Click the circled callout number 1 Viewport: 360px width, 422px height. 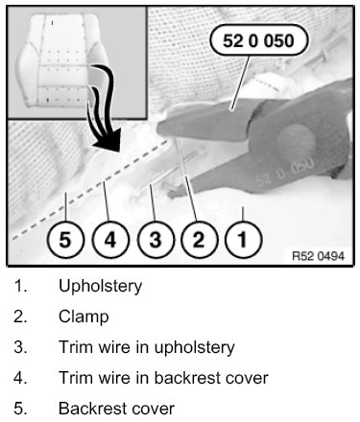point(244,240)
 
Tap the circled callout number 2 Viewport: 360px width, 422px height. point(199,240)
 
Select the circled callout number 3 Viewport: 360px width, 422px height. point(156,240)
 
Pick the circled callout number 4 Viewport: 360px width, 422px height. point(110,240)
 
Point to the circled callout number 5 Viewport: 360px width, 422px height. point(65,240)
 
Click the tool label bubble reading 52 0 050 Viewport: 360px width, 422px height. point(259,40)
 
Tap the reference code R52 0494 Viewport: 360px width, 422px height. point(318,256)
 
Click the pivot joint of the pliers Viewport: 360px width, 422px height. point(297,140)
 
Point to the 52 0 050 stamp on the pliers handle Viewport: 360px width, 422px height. point(284,172)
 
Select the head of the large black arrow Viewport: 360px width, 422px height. point(108,141)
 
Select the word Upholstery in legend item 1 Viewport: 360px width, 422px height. point(100,286)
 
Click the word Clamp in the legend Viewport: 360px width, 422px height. point(84,316)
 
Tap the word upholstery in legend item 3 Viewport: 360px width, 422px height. point(195,348)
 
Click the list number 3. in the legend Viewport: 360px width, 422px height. point(20,347)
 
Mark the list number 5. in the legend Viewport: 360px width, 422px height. point(20,409)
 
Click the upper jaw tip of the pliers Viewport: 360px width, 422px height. point(159,129)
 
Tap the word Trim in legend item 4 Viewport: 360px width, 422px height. point(74,378)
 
